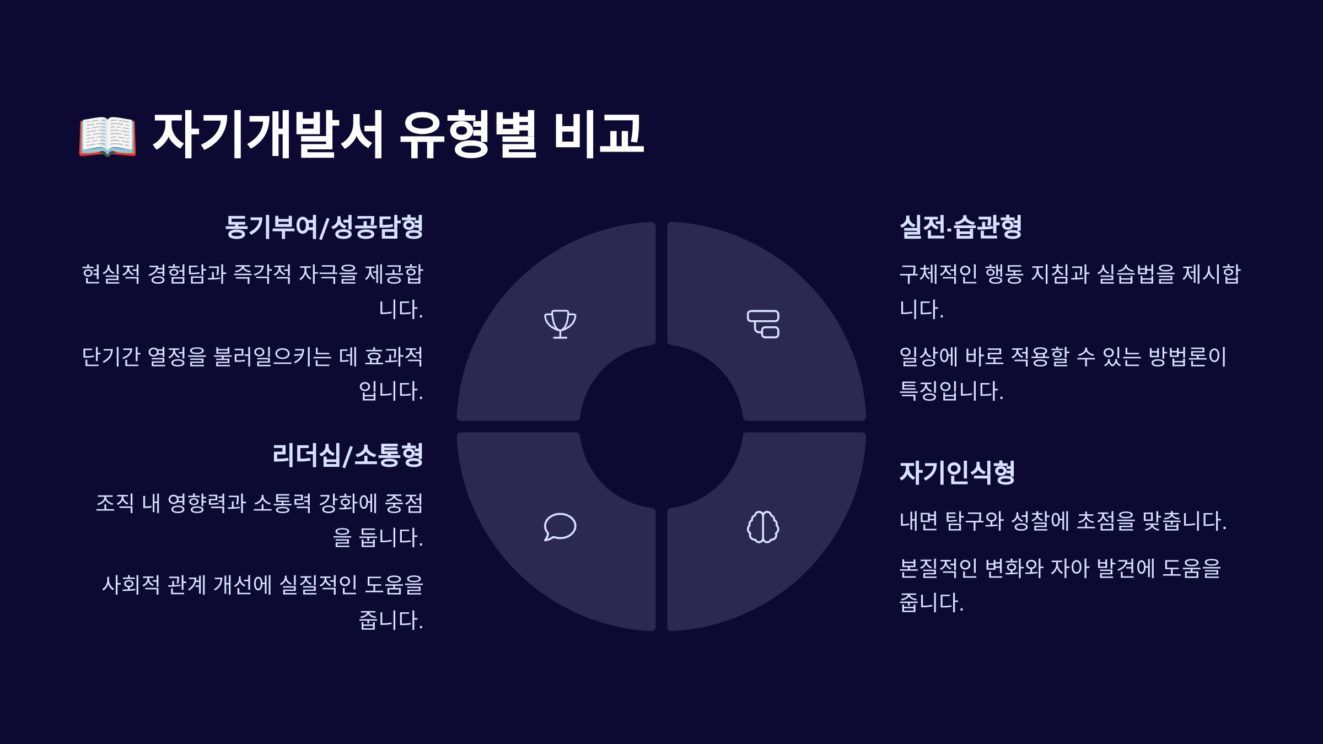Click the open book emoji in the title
pos(107,136)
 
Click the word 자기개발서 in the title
pos(267,136)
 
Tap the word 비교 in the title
pos(598,136)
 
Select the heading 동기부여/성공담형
pos(324,227)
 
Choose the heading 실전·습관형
pos(960,227)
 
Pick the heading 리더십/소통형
pos(348,455)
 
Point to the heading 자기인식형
pos(957,472)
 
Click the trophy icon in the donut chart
pos(560,324)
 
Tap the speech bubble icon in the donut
pos(560,527)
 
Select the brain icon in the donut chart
pos(763,527)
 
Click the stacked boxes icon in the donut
pos(763,324)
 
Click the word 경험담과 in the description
pos(187,274)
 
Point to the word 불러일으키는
pos(272,357)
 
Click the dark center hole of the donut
pos(661,427)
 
